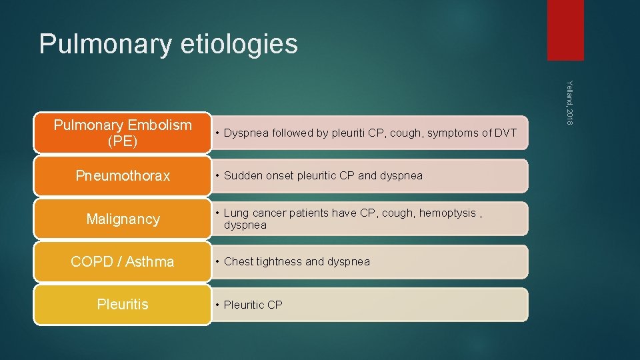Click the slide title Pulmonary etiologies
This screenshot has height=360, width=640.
(x=168, y=44)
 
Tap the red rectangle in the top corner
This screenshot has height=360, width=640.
(x=565, y=30)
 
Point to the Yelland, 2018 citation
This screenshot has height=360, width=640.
(x=569, y=101)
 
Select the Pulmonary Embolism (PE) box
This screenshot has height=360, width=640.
(x=123, y=133)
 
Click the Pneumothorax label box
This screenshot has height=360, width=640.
(x=123, y=176)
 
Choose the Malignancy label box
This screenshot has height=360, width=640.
(x=123, y=219)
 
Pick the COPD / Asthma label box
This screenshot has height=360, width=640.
(x=123, y=262)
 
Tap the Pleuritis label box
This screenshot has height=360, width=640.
(x=123, y=305)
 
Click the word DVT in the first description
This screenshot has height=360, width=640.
(x=505, y=133)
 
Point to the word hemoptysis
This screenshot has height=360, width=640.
(x=448, y=213)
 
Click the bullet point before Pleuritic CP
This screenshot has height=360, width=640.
(x=217, y=305)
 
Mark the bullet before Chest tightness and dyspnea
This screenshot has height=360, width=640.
(x=217, y=262)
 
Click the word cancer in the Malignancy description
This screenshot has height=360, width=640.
(x=267, y=213)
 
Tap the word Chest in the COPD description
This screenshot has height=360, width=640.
(x=238, y=262)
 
